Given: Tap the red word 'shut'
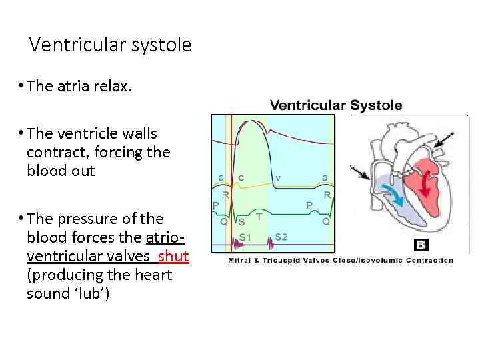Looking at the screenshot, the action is (x=174, y=257).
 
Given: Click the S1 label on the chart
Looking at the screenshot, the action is (x=245, y=237).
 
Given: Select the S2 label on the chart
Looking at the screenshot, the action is (x=281, y=237).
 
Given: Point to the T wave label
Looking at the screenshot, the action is (x=259, y=217).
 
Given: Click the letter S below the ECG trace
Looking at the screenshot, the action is (x=241, y=221).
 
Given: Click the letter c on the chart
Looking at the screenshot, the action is (x=240, y=177).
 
